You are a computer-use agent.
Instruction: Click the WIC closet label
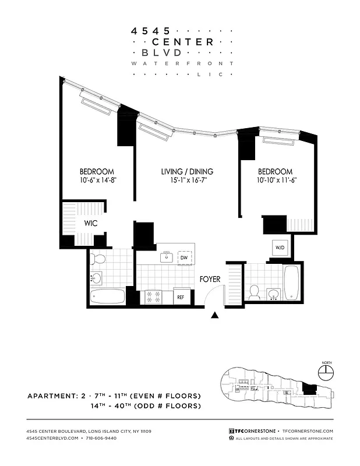tap(90, 223)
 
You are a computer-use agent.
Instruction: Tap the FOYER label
tap(210, 279)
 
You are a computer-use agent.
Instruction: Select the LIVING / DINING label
tap(187, 172)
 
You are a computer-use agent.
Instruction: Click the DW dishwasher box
tap(184, 257)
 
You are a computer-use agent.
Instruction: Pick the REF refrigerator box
tap(181, 297)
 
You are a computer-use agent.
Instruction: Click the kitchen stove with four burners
tap(153, 296)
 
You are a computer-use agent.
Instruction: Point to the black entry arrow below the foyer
tap(215, 315)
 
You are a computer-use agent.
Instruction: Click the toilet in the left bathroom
tap(98, 259)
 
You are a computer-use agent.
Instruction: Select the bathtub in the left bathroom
tap(108, 296)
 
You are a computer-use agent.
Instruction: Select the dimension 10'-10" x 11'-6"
tap(276, 181)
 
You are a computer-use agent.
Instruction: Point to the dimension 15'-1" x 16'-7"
tap(187, 181)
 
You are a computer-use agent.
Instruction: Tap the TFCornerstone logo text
tap(254, 430)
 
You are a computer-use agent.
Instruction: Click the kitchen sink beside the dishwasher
tap(167, 256)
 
